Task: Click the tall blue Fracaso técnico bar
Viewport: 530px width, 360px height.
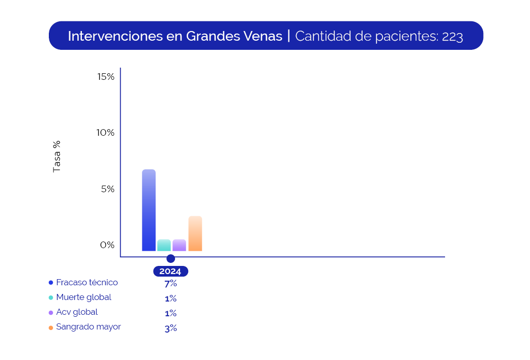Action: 149,210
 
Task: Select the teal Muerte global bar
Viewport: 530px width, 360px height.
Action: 164,245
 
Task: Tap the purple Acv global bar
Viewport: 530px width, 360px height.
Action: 179,245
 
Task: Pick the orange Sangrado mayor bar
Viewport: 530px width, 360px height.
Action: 195,233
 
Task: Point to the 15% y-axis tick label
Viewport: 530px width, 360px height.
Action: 106,77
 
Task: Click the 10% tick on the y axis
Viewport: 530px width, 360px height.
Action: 106,133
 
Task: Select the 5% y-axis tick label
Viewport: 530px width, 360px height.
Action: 108,189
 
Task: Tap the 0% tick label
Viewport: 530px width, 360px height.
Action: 107,245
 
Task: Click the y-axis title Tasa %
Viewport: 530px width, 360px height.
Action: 57,157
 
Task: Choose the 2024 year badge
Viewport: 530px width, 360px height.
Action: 170,272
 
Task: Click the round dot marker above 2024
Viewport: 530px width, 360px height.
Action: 170,259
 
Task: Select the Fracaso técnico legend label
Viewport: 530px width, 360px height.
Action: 87,282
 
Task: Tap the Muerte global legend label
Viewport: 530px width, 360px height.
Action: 84,297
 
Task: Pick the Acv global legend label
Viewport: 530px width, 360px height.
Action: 77,312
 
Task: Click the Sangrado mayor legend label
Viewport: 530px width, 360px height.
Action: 89,327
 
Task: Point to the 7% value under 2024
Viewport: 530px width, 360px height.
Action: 170,284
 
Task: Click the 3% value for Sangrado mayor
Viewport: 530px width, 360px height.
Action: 170,328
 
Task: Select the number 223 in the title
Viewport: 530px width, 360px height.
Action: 452,37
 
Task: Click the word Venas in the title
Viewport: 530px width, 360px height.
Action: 264,36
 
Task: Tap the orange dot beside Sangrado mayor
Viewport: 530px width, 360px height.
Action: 51,327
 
